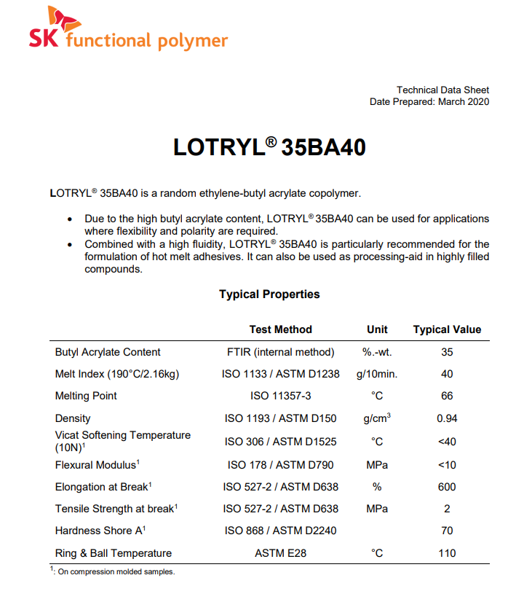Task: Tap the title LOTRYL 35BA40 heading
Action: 269,147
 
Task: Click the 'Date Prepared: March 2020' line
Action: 429,102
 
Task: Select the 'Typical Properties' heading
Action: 269,294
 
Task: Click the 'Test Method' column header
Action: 280,329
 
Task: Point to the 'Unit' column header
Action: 377,329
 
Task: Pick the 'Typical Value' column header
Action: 447,329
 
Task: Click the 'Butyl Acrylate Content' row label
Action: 108,352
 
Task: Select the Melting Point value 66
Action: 447,396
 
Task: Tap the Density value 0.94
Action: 447,418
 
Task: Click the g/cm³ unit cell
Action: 377,418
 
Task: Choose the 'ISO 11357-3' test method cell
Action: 280,396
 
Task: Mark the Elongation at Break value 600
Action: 447,487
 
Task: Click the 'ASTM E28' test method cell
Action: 280,553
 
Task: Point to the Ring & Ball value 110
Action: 447,553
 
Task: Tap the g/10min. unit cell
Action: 377,374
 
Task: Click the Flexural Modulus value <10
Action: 447,464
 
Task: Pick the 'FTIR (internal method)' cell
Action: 280,352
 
